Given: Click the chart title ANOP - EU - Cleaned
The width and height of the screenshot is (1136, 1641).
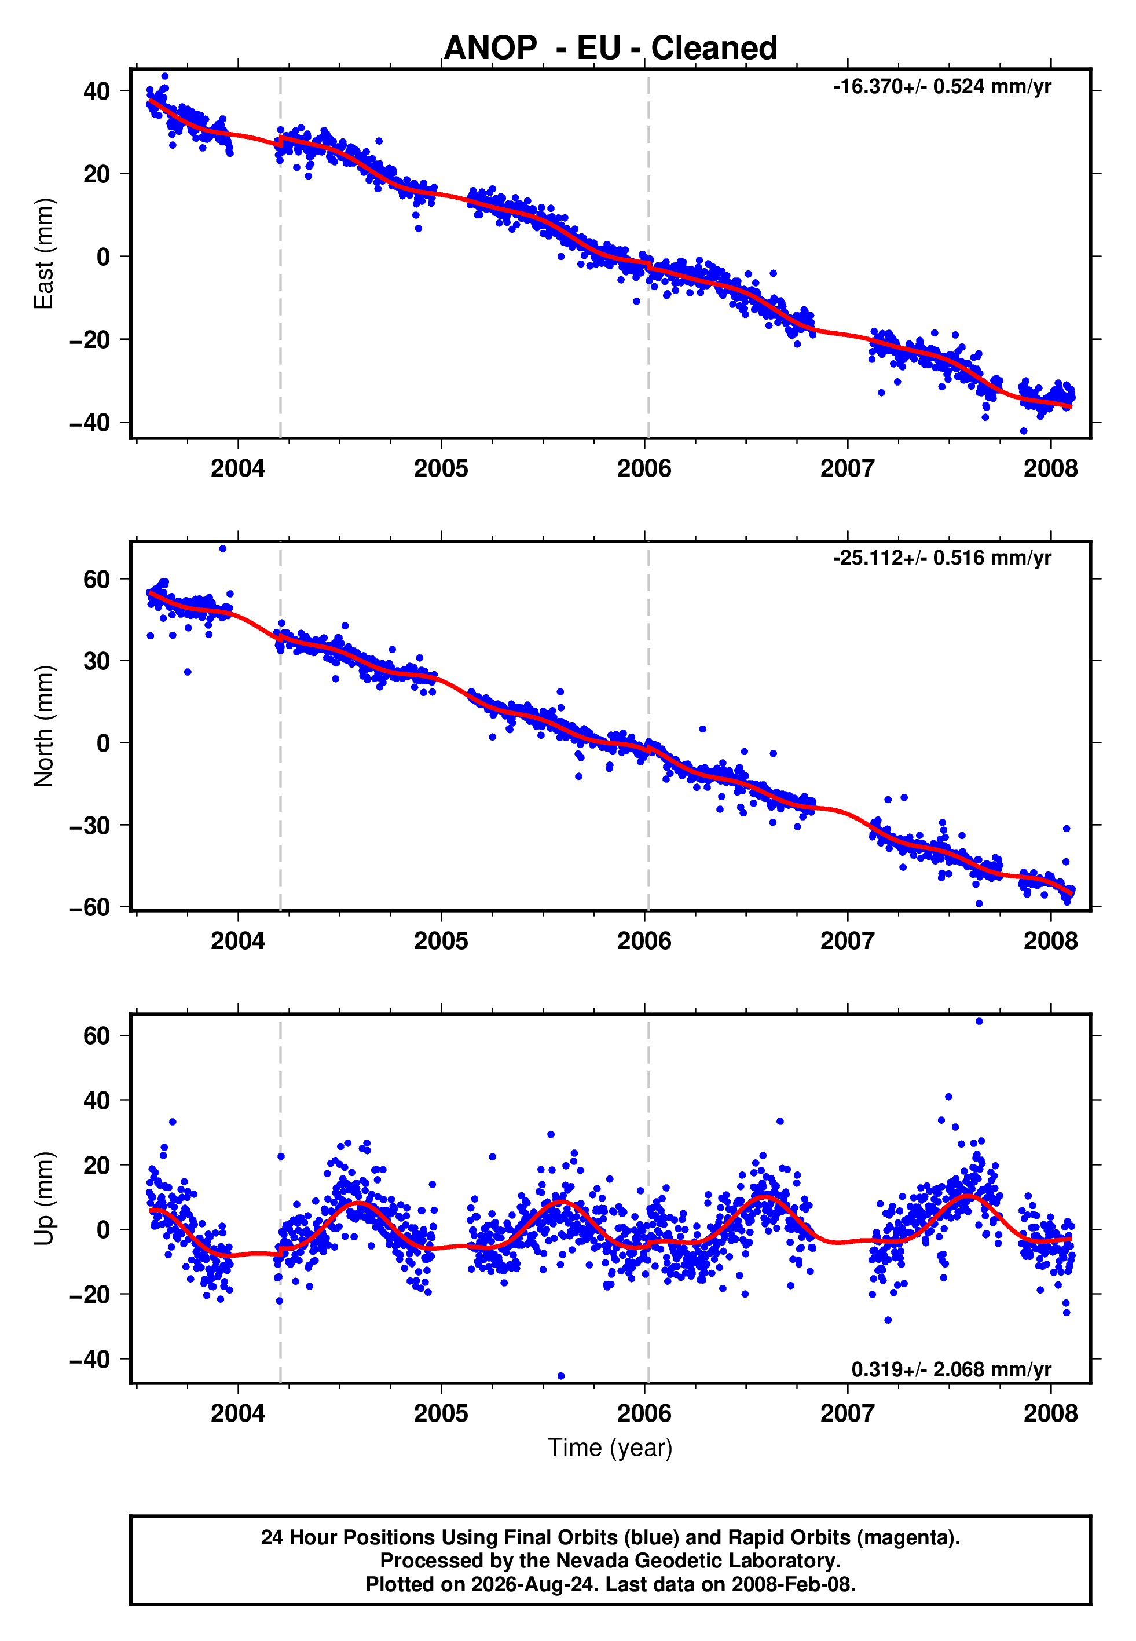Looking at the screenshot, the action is coord(610,49).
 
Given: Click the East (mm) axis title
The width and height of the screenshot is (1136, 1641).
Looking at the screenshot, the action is coord(44,254).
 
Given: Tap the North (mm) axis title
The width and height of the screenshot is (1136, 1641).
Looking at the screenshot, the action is coord(44,726).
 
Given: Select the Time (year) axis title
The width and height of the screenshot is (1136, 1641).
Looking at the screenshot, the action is coord(610,1448).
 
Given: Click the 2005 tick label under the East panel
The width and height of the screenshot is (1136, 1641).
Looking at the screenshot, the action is coord(441,468).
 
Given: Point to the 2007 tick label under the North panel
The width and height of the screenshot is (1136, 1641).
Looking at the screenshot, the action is coord(847,941).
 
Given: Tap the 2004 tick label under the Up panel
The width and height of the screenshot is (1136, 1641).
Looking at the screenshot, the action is coord(238,1413).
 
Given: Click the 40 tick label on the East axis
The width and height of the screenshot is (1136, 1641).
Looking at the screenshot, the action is coord(97,91).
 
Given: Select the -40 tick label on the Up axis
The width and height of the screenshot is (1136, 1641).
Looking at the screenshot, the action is coord(90,1359).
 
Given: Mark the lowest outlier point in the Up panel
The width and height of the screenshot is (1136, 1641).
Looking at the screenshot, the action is coord(561,1376).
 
